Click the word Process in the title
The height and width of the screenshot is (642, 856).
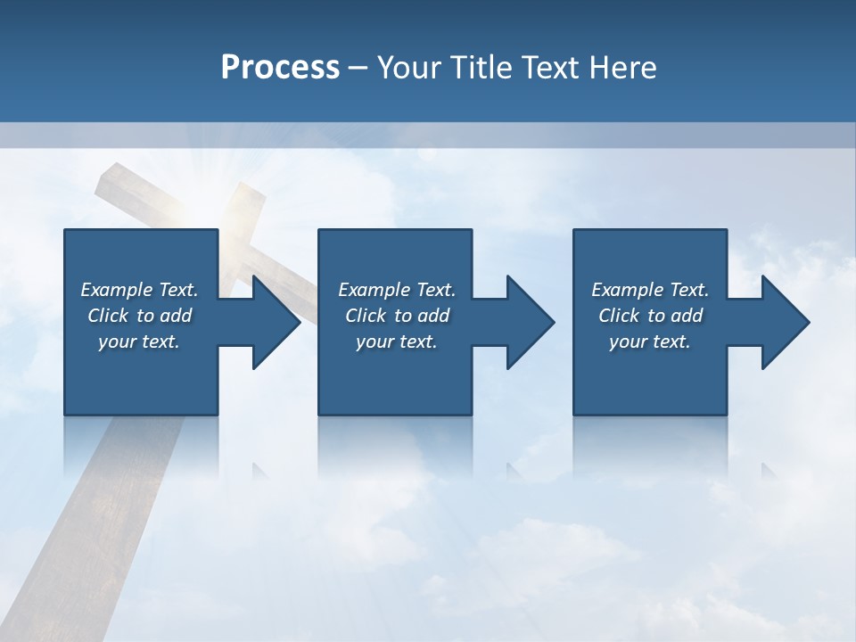pos(280,68)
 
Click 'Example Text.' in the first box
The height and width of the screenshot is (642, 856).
pos(139,290)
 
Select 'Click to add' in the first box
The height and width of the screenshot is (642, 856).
pos(139,316)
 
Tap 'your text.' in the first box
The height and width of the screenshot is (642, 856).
pos(139,342)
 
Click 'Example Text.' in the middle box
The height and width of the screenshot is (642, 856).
pos(397,290)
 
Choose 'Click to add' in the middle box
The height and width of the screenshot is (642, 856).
pos(397,316)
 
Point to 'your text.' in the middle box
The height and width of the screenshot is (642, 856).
pos(397,342)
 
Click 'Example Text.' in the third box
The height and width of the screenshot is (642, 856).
pos(650,290)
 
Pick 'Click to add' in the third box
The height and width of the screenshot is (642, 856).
pos(650,316)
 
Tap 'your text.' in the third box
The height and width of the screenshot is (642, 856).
pos(650,342)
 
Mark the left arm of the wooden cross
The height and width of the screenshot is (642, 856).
pos(134,189)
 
